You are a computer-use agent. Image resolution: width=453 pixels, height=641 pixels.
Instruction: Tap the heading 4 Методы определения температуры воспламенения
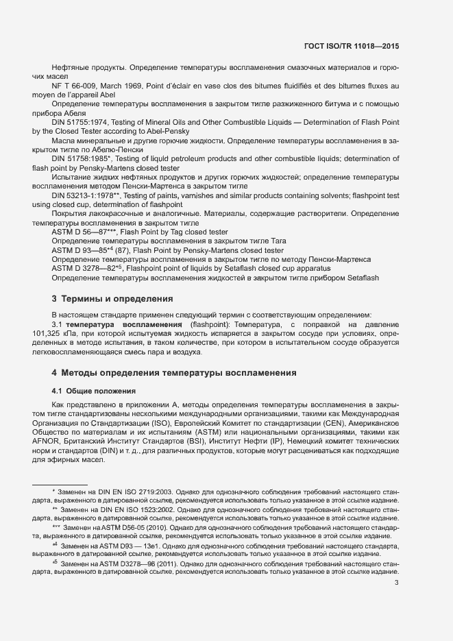[x=174, y=372]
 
